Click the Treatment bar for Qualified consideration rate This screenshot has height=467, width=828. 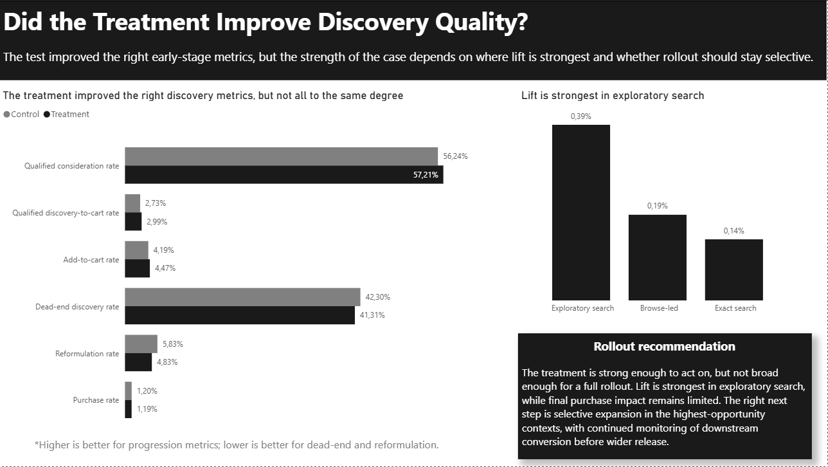pyautogui.click(x=283, y=175)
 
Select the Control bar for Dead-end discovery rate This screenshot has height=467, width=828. pyautogui.click(x=242, y=297)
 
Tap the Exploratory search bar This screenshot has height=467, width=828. pyautogui.click(x=580, y=212)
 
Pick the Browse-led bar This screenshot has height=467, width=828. pyautogui.click(x=657, y=257)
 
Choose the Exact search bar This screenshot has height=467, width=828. pyautogui.click(x=733, y=270)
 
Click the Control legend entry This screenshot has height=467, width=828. pyautogui.click(x=22, y=114)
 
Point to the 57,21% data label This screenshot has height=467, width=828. pyautogui.click(x=425, y=175)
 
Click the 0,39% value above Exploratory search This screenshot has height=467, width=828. pyautogui.click(x=580, y=116)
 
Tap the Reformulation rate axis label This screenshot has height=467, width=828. pyautogui.click(x=87, y=354)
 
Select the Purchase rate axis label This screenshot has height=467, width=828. pyautogui.click(x=96, y=400)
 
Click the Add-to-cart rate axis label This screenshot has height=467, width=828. pyautogui.click(x=91, y=260)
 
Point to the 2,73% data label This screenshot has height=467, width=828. pyautogui.click(x=156, y=203)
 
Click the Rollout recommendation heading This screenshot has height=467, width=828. pyautogui.click(x=664, y=347)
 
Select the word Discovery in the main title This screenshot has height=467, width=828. pyautogui.click(x=373, y=22)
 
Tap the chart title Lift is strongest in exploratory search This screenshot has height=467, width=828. pyautogui.click(x=612, y=96)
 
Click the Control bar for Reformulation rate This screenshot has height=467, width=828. pyautogui.click(x=141, y=344)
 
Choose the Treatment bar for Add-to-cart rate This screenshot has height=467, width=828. pyautogui.click(x=137, y=269)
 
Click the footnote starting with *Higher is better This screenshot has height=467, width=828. pyautogui.click(x=237, y=445)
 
